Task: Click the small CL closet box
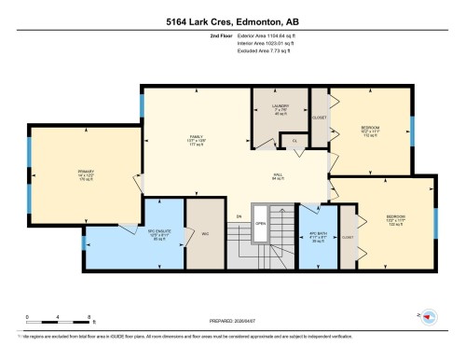click(x=294, y=141)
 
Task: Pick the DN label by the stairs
click(x=239, y=216)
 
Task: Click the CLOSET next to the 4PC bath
click(x=348, y=237)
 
